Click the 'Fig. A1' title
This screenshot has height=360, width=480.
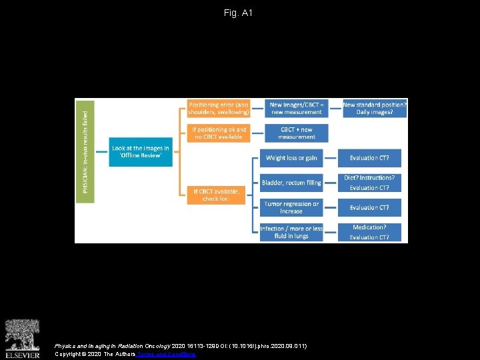pos(239,13)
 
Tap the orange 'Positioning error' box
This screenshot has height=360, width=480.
pos(218,108)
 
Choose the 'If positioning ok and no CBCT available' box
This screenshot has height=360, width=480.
pos(218,133)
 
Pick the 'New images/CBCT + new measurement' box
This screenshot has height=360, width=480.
pos(297,108)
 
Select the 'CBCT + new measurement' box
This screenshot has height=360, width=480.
pos(297,133)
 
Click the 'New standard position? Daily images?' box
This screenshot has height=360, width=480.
pos(375,108)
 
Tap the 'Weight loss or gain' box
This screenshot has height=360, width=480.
pos(291,158)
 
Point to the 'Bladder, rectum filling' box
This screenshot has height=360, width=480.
pos(291,183)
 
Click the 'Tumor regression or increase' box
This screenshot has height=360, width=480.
pos(291,207)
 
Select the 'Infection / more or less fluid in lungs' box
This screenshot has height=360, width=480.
pos(291,232)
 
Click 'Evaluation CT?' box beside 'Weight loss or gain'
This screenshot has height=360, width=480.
pos(369,158)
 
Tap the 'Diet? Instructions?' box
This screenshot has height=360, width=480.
pos(369,178)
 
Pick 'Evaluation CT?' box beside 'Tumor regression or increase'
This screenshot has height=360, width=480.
pos(369,207)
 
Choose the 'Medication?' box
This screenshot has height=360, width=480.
pos(369,227)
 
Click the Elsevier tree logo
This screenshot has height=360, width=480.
pos(22,335)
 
